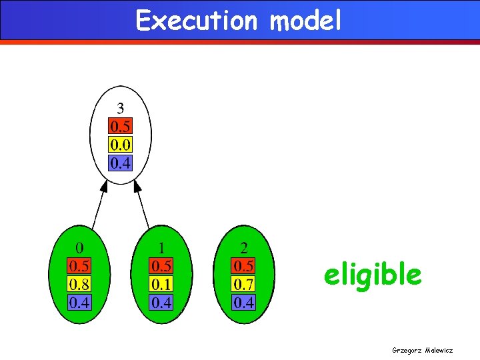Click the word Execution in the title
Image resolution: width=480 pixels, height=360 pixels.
point(196,21)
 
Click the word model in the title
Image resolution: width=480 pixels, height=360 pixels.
point(305,21)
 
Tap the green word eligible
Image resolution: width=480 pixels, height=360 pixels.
point(373,274)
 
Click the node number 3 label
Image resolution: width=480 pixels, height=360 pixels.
point(121,108)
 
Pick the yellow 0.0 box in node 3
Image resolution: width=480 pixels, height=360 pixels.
point(121,144)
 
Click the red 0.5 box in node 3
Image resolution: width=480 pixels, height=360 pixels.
point(121,126)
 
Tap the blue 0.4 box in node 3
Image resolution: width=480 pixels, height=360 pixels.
point(121,162)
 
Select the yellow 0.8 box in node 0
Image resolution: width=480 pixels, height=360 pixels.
point(79,285)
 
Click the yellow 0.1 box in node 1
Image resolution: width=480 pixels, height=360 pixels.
point(162,285)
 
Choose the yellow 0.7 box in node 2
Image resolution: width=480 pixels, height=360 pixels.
point(243,285)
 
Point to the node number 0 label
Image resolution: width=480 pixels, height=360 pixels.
point(79,249)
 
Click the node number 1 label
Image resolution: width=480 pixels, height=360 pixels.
point(162,249)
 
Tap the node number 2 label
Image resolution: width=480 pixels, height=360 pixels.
point(243,249)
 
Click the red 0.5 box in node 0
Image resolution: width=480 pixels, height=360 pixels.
point(79,267)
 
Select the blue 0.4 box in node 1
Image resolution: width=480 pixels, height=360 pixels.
point(162,303)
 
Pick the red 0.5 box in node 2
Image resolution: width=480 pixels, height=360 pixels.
point(243,267)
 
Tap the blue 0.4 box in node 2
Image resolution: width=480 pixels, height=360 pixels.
point(243,303)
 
